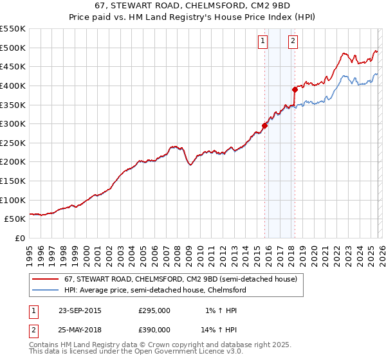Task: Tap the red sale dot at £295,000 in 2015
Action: click(x=264, y=126)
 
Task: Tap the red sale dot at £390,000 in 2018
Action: click(x=295, y=89)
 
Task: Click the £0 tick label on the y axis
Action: click(x=20, y=239)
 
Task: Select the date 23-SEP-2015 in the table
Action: click(x=80, y=310)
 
